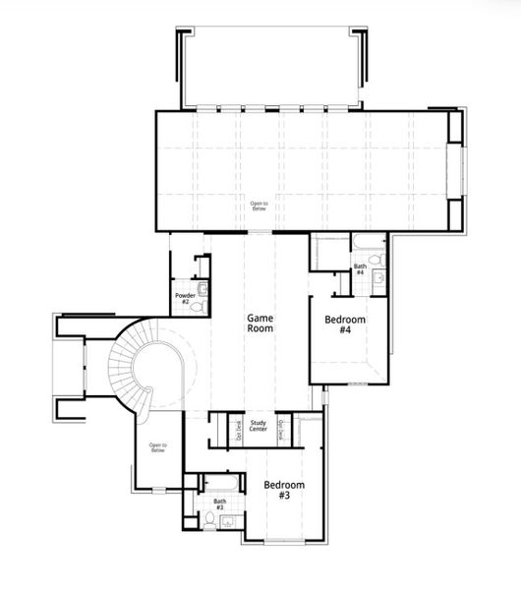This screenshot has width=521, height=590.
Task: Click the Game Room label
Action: pyautogui.click(x=260, y=324)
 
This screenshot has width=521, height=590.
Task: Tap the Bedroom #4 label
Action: pyautogui.click(x=345, y=325)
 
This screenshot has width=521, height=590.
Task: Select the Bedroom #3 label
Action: pyautogui.click(x=284, y=491)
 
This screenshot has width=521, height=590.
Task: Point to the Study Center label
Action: pyautogui.click(x=259, y=426)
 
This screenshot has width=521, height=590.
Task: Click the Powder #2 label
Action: pyautogui.click(x=183, y=298)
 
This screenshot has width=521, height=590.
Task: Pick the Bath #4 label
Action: pyautogui.click(x=360, y=268)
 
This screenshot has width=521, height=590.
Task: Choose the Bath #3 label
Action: pyautogui.click(x=219, y=504)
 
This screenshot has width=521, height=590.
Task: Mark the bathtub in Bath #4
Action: pyautogui.click(x=368, y=243)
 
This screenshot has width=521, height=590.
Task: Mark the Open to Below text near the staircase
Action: pyautogui.click(x=157, y=447)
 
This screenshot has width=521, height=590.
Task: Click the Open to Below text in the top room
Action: pyautogui.click(x=259, y=206)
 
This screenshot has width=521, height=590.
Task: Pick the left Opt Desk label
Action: pyautogui.click(x=236, y=430)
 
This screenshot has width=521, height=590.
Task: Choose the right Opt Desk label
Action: pyautogui.click(x=281, y=430)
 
